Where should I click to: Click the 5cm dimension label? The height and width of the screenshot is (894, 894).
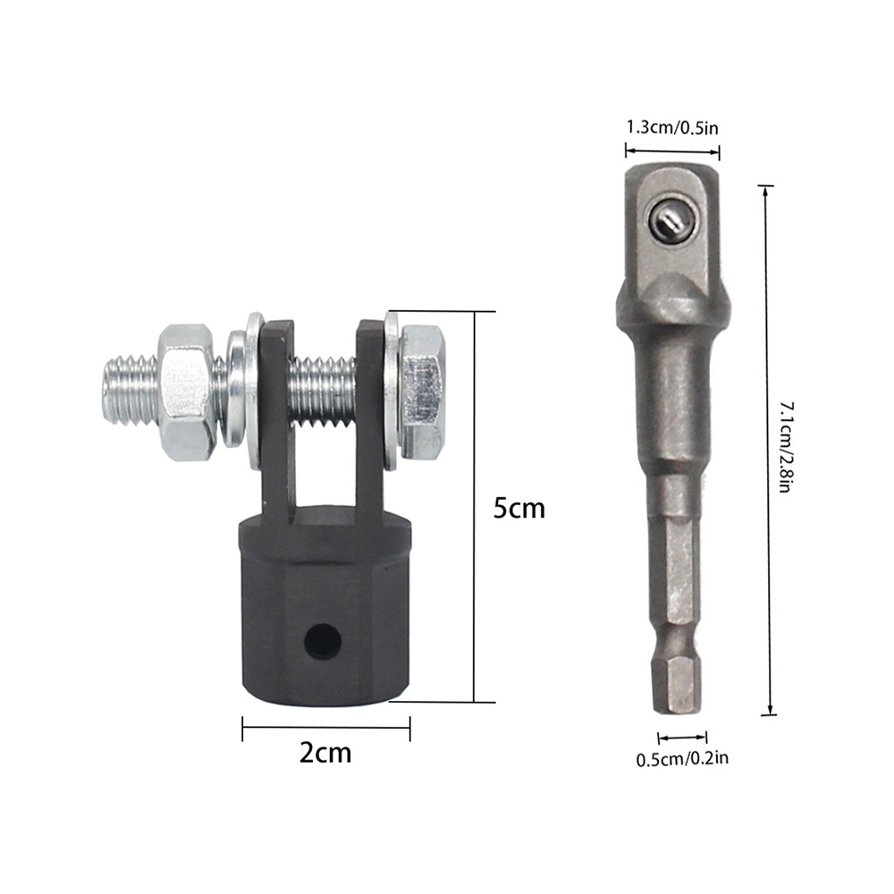519,508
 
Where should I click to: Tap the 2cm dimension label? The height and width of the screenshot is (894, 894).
325,753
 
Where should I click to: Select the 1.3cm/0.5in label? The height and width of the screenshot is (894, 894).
672,127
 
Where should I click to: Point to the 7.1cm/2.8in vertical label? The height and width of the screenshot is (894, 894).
786,448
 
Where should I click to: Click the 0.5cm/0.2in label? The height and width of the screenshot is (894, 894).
682,759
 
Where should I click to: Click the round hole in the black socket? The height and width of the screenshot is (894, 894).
323,640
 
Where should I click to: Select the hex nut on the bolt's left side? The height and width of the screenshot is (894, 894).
186,392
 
